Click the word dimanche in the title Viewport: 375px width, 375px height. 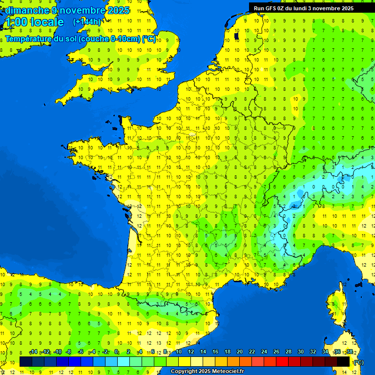pyautogui.click(x=27, y=10)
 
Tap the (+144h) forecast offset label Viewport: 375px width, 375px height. pyautogui.click(x=86, y=22)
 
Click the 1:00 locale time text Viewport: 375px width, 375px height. pyautogui.click(x=34, y=22)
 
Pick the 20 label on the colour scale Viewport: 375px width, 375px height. pyautogui.click(x=240, y=352)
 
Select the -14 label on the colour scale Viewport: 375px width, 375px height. pyautogui.click(x=34, y=352)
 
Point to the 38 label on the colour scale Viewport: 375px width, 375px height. pyautogui.click(x=349, y=352)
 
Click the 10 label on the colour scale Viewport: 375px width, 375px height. pyautogui.click(x=179, y=352)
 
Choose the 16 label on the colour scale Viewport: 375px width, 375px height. pyautogui.click(x=215, y=352)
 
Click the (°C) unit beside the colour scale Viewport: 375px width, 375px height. pyautogui.click(x=358, y=362)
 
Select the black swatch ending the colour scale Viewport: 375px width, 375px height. pyautogui.click(x=343, y=361)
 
